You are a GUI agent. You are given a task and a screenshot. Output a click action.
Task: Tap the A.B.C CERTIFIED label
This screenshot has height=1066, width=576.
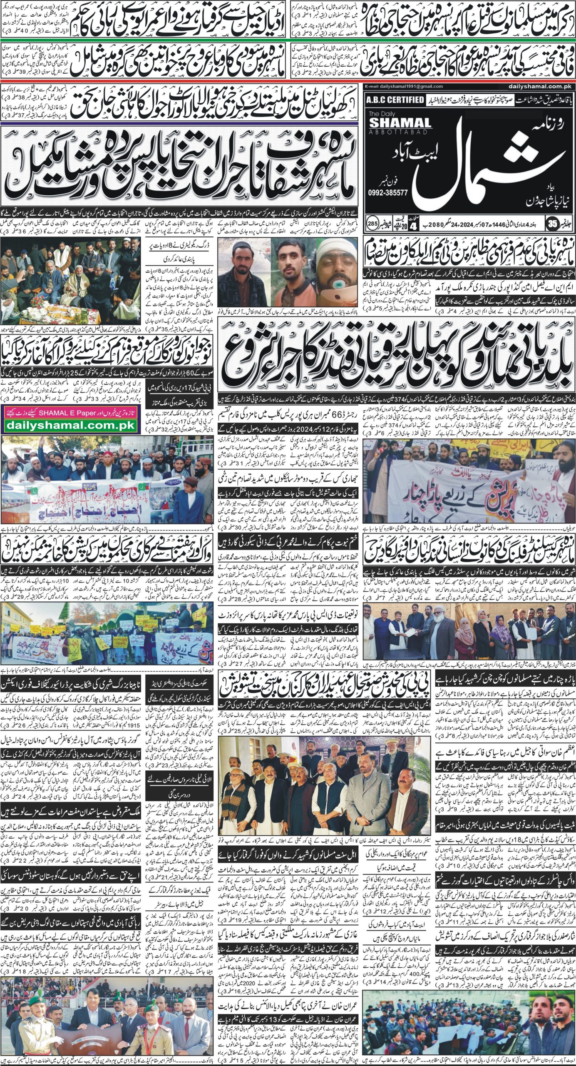(395, 100)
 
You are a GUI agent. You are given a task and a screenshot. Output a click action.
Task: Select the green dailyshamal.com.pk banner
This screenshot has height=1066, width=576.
(70, 425)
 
